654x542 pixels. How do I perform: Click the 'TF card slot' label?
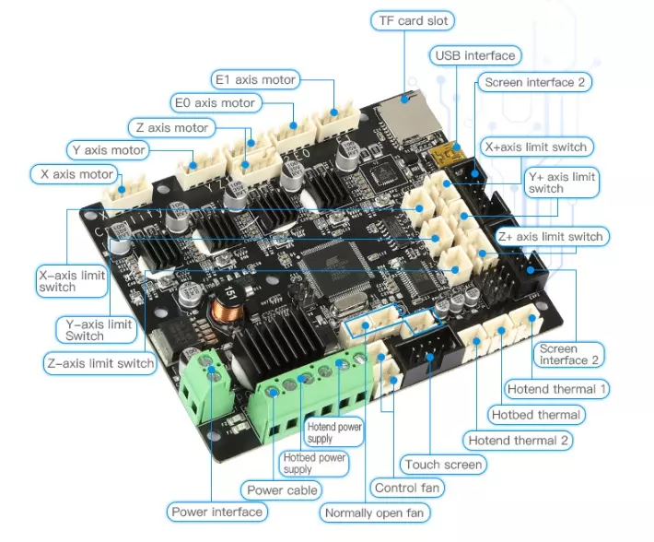(x=413, y=20)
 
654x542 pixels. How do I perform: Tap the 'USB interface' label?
(x=475, y=55)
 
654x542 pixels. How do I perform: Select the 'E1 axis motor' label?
(x=255, y=79)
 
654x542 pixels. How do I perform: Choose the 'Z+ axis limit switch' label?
(x=551, y=237)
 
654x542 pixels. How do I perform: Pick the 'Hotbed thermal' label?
(x=536, y=415)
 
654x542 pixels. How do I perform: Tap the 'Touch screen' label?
(x=443, y=465)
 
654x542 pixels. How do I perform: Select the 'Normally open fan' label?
(x=374, y=513)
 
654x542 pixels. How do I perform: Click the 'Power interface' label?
(x=216, y=512)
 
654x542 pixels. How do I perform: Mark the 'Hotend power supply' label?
(x=334, y=432)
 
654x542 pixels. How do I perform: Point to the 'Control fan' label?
(x=407, y=488)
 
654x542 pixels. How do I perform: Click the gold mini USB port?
(x=447, y=155)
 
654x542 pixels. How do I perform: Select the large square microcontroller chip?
(x=335, y=268)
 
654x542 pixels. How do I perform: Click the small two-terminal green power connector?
(x=204, y=386)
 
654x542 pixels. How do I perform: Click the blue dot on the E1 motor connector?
(x=333, y=112)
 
